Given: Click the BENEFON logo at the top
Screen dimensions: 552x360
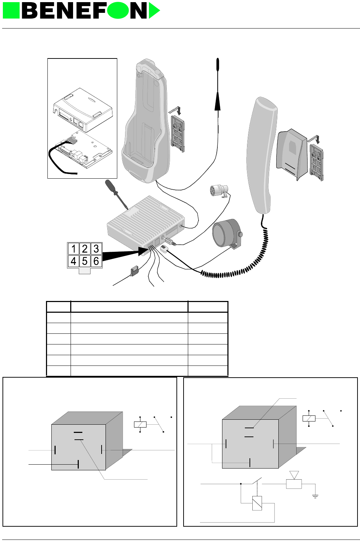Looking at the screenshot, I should point(81,11).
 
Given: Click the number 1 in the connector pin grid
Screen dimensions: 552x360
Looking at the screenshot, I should point(73,249).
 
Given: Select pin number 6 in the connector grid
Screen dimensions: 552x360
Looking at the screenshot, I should point(96,261).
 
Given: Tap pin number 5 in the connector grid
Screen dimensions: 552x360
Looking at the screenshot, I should point(84,261).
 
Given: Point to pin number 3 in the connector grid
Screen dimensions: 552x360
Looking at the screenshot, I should point(96,249).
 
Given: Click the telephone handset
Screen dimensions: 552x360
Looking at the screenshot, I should point(262,153).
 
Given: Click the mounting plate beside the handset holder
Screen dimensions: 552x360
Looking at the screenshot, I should point(317,162).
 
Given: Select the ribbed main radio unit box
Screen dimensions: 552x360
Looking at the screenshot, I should point(146,221).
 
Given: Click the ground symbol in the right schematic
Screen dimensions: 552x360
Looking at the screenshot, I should point(315,496).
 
